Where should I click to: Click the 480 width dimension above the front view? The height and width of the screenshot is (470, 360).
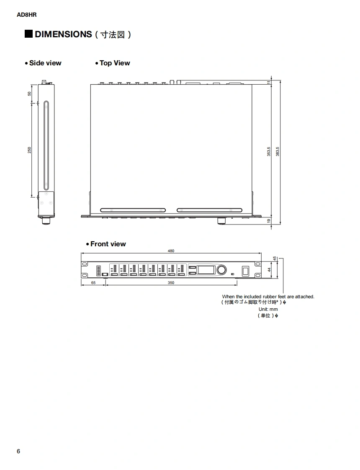point(171,251)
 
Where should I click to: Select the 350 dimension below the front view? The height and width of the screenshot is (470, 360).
point(171,283)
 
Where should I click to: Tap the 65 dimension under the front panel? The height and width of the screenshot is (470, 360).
point(93,283)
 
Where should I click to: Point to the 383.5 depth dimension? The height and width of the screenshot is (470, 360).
point(278,152)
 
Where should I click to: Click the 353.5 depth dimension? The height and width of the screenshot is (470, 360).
point(269,152)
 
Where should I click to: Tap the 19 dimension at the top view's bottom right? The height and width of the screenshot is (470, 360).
point(269,221)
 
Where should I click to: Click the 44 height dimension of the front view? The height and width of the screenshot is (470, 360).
point(270,270)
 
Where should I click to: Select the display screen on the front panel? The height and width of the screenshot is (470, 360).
point(207,269)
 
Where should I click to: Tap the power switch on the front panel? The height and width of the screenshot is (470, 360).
point(245,270)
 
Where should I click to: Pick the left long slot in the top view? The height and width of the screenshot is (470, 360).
point(133,210)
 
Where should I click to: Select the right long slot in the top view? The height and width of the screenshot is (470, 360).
point(209,210)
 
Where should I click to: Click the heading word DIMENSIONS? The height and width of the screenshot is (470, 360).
point(63,34)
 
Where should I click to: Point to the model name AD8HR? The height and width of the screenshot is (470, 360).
point(27,15)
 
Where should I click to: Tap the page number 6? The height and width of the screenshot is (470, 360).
point(18,451)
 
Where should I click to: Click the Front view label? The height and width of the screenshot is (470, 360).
point(108,244)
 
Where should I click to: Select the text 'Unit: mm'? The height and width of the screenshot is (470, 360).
point(268,309)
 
